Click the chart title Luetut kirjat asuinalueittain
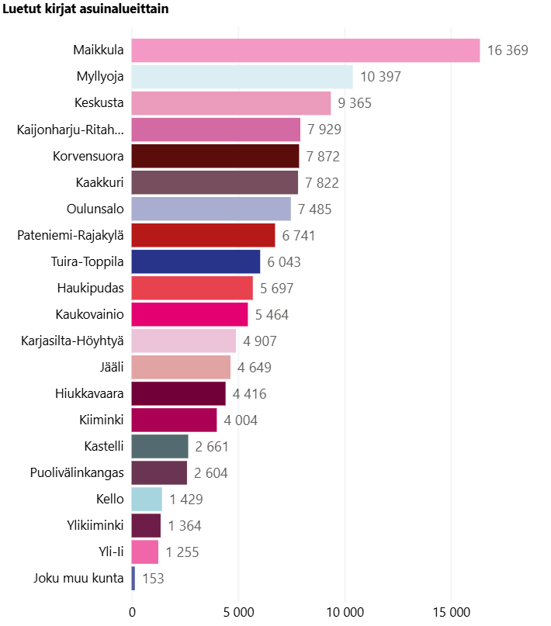coord(86,9)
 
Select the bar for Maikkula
coord(306,50)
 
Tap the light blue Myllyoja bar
coord(242,77)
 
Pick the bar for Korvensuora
coord(215,156)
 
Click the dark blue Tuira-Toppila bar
coord(196,261)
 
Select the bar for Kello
coord(147,499)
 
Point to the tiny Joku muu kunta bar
coord(133,578)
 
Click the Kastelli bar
coord(160,446)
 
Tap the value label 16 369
coord(508,50)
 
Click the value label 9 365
coord(358,103)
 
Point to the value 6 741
coord(299,235)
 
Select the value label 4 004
coord(241,420)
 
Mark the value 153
coord(153,578)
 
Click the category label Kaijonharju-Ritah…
coord(70,130)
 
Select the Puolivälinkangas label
coord(77,472)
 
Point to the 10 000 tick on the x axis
coord(345,612)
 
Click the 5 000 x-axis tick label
coord(238,612)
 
